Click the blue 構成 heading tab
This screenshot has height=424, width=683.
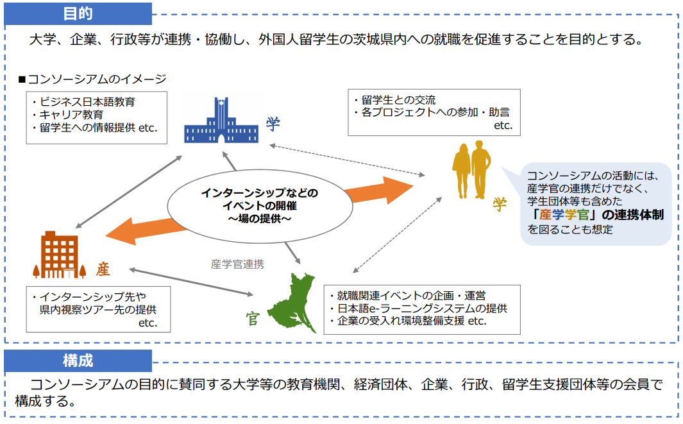pos(78,360)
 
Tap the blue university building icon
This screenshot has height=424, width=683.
pos(222,121)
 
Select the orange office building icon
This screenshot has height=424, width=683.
pos(62,255)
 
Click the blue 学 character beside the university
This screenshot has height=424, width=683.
pos(273,124)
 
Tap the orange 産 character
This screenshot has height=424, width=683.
pos(103,269)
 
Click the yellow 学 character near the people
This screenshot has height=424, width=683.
pos(500,204)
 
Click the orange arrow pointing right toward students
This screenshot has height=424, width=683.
pos(378,191)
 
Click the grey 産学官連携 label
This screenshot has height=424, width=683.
pos(237,264)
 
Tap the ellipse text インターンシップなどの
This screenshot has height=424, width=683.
pos(259,193)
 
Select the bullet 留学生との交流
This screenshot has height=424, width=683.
pos(397,100)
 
